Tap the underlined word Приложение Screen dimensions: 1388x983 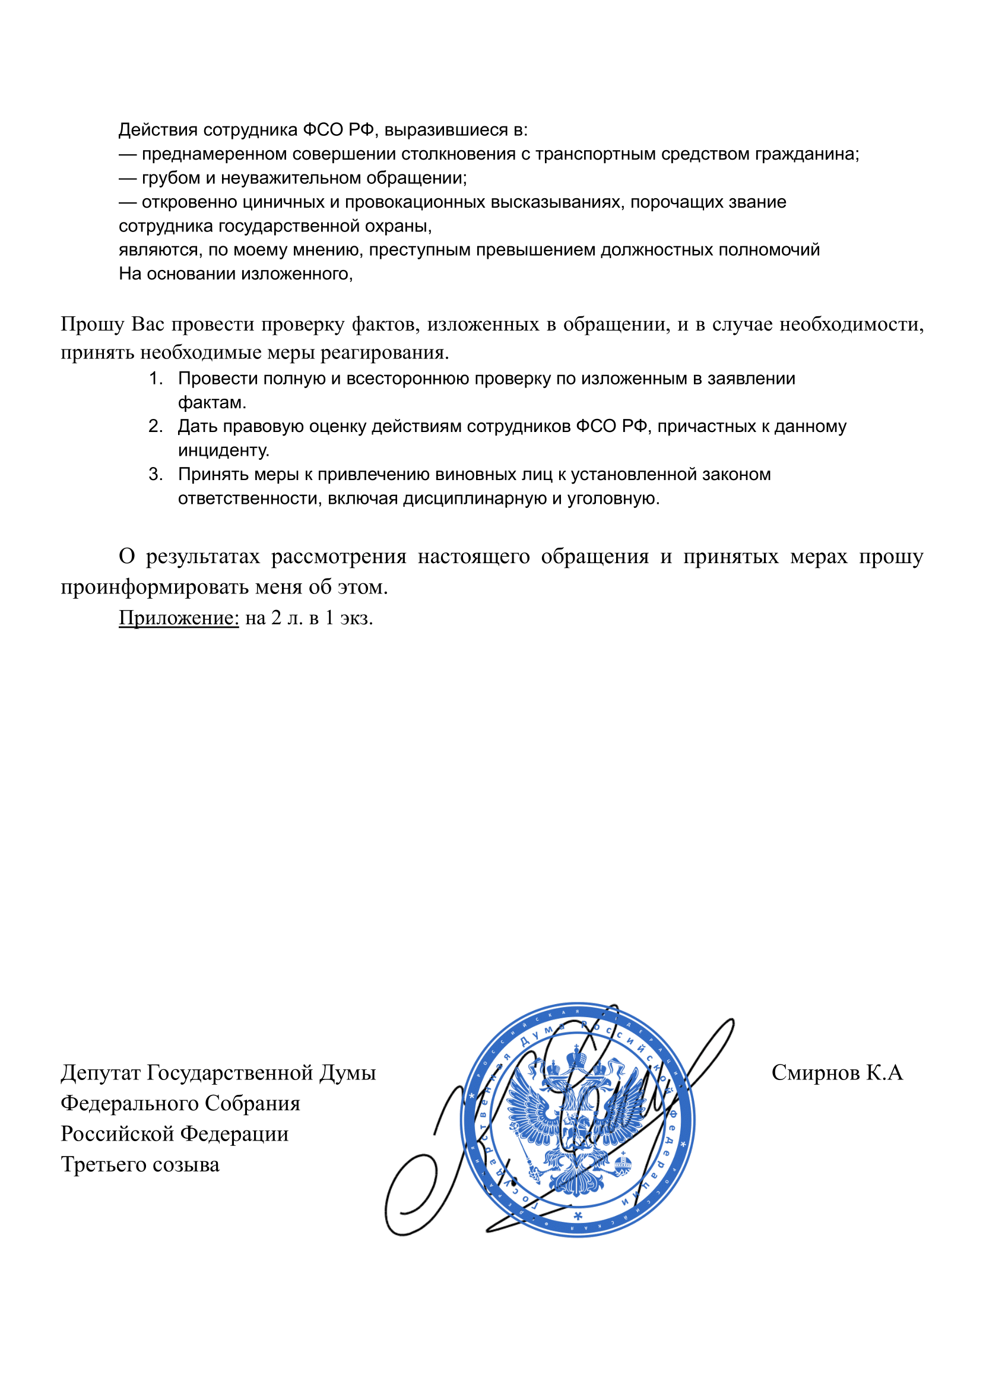[x=179, y=618]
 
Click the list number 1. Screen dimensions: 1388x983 [x=156, y=379]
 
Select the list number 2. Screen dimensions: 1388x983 [x=156, y=427]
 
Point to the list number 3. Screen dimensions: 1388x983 [x=156, y=474]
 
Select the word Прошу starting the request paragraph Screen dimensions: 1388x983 [x=92, y=325]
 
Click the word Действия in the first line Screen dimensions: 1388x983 [x=158, y=130]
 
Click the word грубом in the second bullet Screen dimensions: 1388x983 [x=171, y=179]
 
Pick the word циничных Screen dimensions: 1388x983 [x=287, y=202]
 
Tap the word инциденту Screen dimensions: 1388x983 [x=223, y=451]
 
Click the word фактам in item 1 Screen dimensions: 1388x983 [x=211, y=403]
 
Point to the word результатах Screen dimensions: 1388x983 [x=202, y=556]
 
